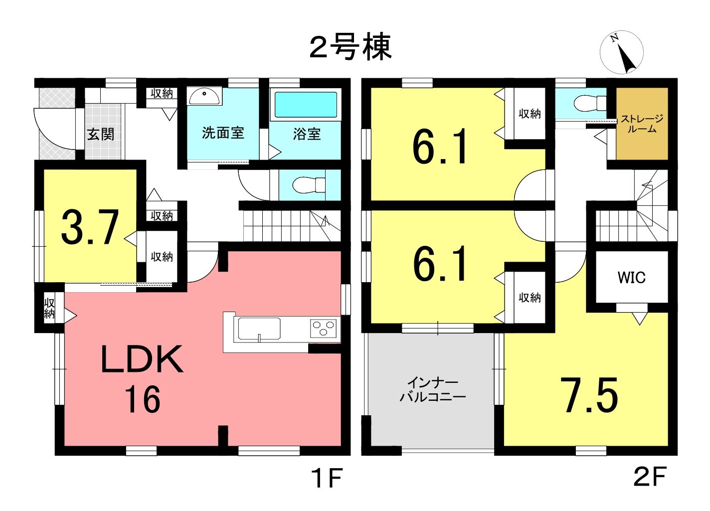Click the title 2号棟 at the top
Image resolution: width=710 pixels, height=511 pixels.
(x=351, y=47)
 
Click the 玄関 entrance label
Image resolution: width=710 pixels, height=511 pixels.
(x=101, y=135)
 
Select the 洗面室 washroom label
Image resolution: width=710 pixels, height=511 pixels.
(x=223, y=133)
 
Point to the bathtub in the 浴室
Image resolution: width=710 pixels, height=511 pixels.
(x=306, y=105)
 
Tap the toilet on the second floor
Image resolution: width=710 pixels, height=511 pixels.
(x=589, y=103)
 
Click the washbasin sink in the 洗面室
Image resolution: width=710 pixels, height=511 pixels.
(x=204, y=96)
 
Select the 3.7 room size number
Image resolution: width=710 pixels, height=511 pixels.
(x=90, y=227)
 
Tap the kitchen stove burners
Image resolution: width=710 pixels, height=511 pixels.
(x=323, y=328)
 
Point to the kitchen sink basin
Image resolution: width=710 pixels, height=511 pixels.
(x=259, y=329)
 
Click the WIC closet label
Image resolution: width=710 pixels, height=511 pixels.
(x=631, y=278)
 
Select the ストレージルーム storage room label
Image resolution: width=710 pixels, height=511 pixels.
(x=642, y=124)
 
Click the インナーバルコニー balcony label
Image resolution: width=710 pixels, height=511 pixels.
(x=433, y=390)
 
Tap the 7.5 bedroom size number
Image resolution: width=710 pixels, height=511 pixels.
(x=592, y=395)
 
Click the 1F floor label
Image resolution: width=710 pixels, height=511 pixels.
(x=327, y=479)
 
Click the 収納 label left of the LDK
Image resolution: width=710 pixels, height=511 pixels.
(x=49, y=308)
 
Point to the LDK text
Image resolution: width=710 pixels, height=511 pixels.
(x=142, y=359)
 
